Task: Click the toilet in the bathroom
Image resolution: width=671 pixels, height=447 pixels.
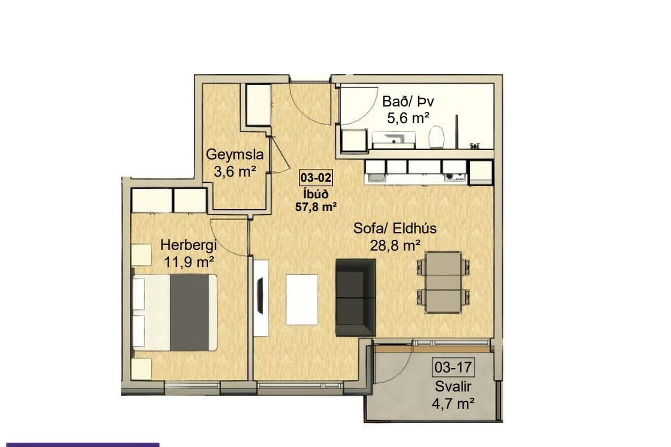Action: click(437, 137)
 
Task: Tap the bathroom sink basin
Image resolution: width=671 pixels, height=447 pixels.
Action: click(394, 140)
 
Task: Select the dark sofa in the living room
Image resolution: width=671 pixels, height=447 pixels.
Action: click(355, 298)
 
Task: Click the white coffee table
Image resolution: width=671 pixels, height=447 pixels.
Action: click(302, 300)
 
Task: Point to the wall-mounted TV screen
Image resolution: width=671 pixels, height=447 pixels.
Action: click(260, 295)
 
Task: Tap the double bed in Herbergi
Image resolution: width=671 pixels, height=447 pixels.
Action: click(175, 313)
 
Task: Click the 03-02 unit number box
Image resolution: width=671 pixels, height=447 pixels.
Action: click(316, 178)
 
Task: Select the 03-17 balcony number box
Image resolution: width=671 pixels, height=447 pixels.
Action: click(453, 367)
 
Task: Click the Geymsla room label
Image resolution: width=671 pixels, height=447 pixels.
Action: click(235, 155)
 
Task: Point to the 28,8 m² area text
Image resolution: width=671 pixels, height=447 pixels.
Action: click(395, 246)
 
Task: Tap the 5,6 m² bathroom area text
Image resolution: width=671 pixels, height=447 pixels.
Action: click(408, 118)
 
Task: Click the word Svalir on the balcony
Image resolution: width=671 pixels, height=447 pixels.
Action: click(453, 387)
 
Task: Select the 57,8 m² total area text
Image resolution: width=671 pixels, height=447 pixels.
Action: click(316, 207)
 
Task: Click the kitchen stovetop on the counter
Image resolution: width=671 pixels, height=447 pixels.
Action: click(455, 178)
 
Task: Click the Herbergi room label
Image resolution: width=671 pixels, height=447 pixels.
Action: click(189, 245)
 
